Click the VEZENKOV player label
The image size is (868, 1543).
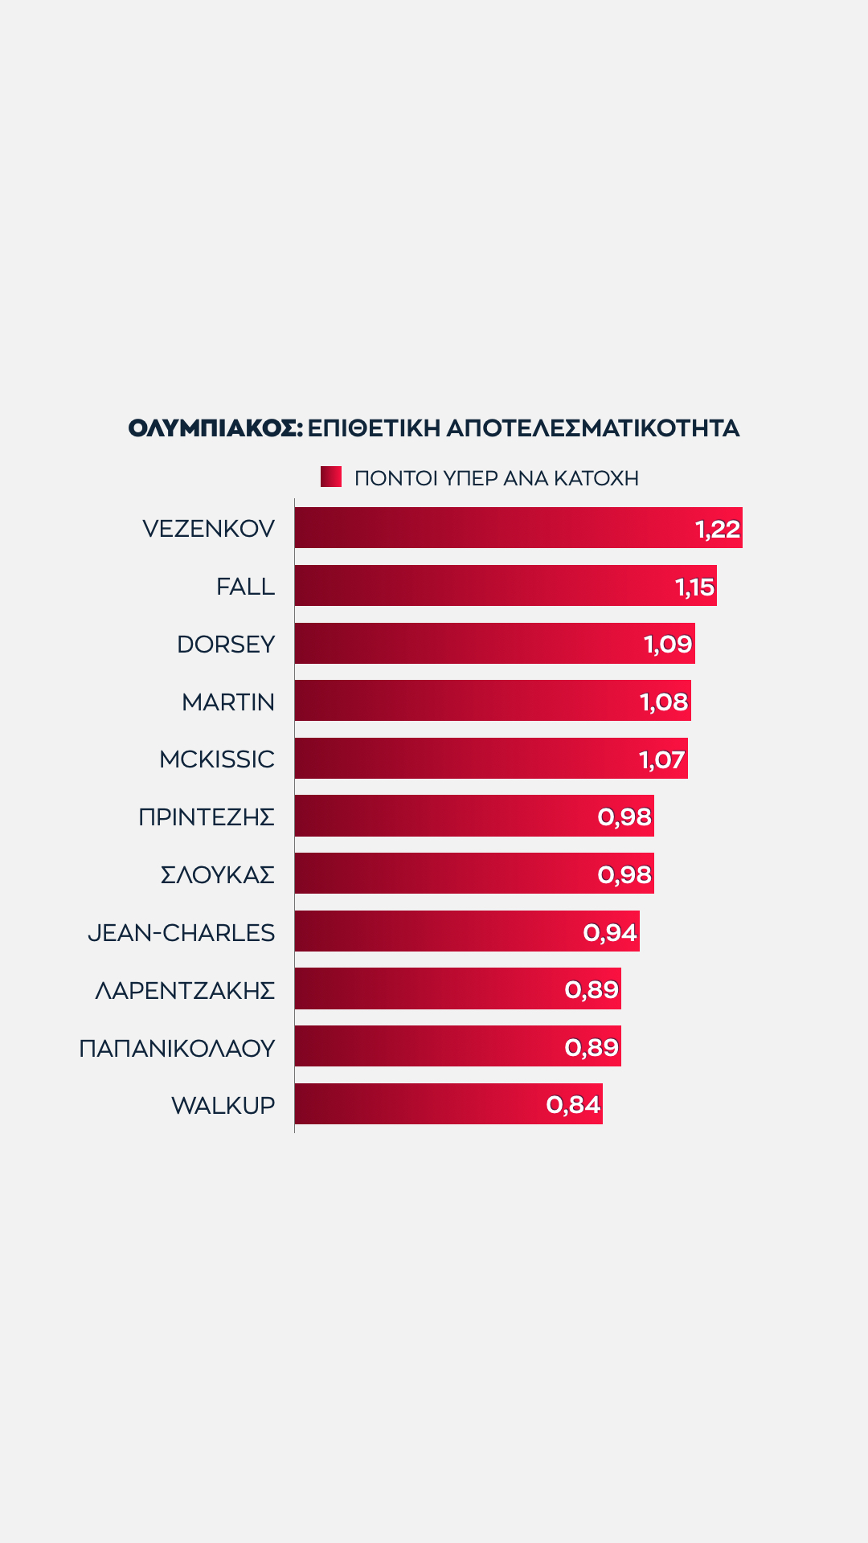coord(208,529)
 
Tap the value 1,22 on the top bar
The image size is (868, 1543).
coord(717,529)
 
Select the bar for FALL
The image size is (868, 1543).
coord(482,586)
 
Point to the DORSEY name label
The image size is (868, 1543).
coord(226,645)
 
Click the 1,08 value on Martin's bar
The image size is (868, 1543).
coord(664,702)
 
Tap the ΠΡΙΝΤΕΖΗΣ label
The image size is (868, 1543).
coord(207,817)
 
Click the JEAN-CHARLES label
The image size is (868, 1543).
coord(182,933)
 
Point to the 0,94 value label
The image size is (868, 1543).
coord(610,932)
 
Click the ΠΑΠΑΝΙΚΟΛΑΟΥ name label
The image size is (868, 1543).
coord(177,1049)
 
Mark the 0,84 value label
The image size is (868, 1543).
coord(573,1105)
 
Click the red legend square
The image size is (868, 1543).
coord(331,477)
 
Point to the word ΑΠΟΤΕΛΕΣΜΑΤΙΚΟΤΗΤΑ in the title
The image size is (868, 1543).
coord(593,428)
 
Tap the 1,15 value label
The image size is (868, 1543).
coord(694,587)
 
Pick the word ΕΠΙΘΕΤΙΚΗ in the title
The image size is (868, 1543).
coord(374,428)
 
